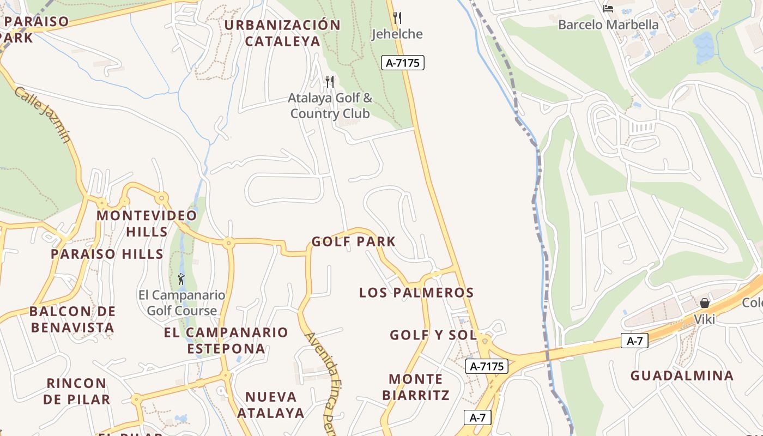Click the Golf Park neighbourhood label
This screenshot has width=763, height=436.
353,241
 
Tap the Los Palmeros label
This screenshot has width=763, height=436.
416,293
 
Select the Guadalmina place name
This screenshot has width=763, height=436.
682,376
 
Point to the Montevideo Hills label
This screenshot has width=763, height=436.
147,223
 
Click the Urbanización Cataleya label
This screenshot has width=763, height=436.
282,33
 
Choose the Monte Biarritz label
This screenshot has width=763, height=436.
416,387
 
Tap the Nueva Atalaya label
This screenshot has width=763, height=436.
271,404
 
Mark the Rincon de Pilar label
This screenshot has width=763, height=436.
76,391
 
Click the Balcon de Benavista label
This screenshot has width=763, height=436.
72,319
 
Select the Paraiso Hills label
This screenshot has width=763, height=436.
107,254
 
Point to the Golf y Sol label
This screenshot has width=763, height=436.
433,335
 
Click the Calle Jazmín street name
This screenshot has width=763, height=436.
43,114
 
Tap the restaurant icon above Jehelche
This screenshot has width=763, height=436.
397,18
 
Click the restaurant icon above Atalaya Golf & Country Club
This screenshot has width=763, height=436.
330,82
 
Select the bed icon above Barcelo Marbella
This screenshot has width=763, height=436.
608,9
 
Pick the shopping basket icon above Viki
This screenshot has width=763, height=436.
704,303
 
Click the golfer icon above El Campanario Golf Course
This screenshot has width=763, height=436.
181,280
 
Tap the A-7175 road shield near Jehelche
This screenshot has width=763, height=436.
402,63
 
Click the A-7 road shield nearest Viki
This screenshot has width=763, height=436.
634,341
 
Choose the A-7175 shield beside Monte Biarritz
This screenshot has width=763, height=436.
487,366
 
